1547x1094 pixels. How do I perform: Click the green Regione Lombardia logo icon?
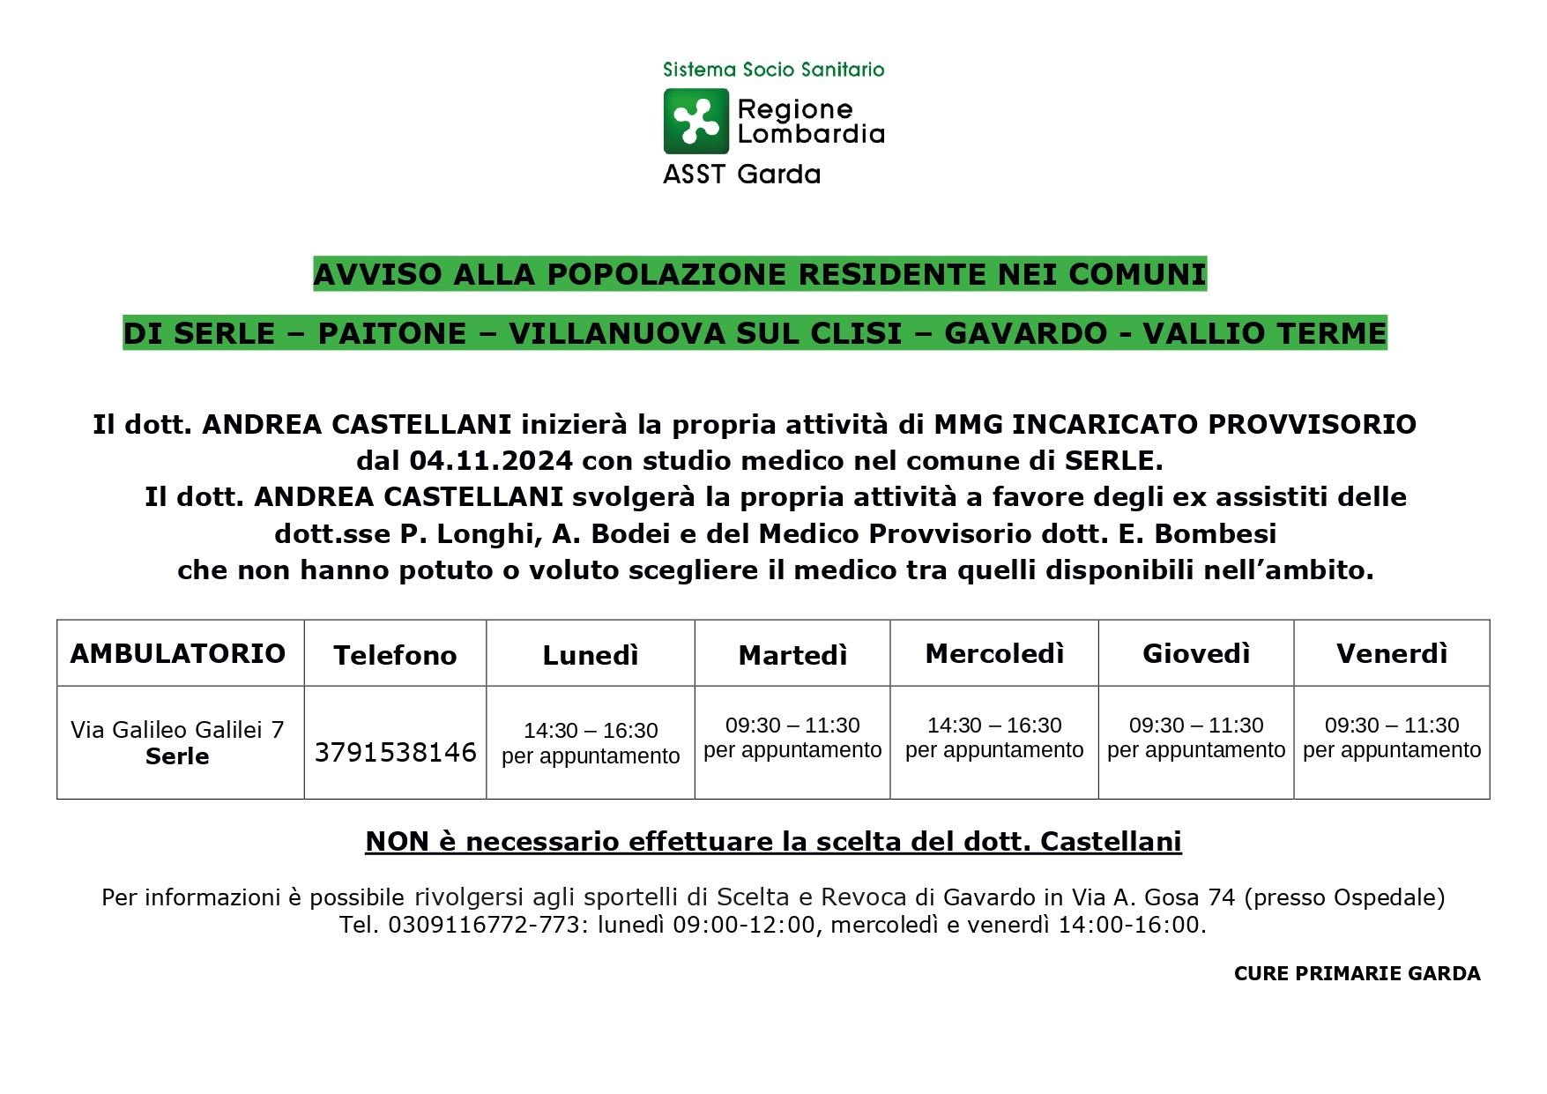(x=695, y=121)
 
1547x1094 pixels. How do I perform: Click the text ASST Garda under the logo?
(x=741, y=175)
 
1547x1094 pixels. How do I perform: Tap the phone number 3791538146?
(x=395, y=752)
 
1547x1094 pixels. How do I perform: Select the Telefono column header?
(x=395, y=655)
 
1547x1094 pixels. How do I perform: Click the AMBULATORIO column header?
(x=178, y=653)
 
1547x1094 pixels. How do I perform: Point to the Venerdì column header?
(x=1392, y=653)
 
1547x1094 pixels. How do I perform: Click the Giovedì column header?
(x=1196, y=653)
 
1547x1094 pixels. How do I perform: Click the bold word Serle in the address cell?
(x=177, y=756)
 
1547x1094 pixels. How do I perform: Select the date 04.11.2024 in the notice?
(x=491, y=460)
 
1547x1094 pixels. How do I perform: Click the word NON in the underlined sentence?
(x=397, y=841)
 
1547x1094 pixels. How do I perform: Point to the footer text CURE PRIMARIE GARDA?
(x=1357, y=973)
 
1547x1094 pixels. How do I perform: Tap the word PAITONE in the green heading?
(x=391, y=333)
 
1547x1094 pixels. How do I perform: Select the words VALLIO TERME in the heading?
(x=1264, y=333)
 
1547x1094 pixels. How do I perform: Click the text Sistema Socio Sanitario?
(x=773, y=70)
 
